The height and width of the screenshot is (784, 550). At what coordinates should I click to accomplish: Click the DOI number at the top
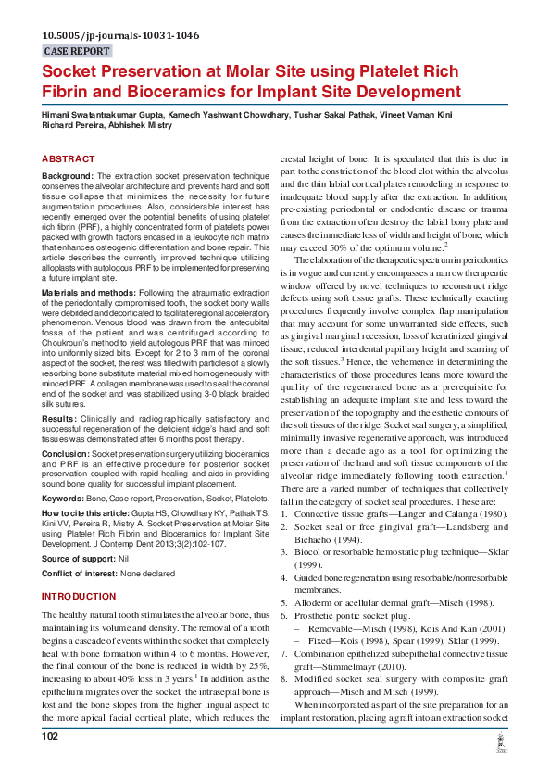pos(120,36)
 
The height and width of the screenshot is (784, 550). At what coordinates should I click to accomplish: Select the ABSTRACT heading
pos(69,159)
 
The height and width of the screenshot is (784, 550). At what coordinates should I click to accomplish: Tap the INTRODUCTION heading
pos(80,597)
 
